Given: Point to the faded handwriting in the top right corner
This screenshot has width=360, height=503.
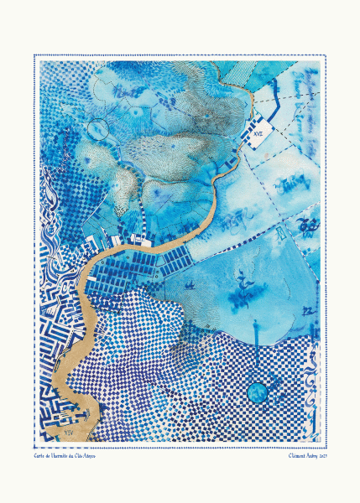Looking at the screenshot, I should coord(294,101).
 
